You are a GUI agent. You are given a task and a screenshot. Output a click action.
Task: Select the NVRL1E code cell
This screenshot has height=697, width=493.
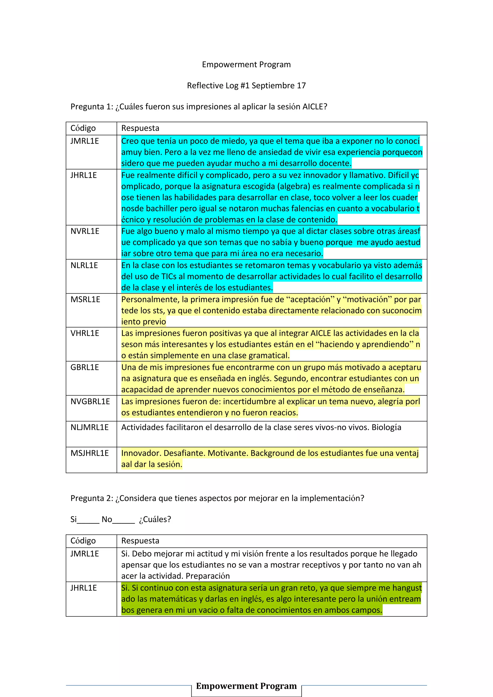tap(85, 231)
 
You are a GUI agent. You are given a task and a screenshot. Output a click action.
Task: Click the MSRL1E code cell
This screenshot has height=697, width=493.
tap(85, 299)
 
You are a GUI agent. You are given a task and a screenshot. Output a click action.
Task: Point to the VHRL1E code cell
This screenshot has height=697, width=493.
tap(85, 333)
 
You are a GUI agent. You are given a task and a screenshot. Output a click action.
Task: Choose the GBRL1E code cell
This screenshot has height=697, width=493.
tap(85, 367)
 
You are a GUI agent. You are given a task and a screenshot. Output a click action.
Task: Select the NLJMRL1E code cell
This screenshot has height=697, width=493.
tap(90, 427)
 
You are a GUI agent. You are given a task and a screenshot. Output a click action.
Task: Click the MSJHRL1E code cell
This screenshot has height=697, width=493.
tap(90, 453)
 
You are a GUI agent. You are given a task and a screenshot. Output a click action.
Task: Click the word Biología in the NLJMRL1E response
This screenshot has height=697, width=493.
tap(386, 427)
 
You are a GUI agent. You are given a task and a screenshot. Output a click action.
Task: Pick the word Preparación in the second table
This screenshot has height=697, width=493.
tap(208, 576)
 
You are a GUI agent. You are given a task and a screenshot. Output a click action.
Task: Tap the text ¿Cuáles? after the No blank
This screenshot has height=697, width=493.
tap(155, 519)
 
